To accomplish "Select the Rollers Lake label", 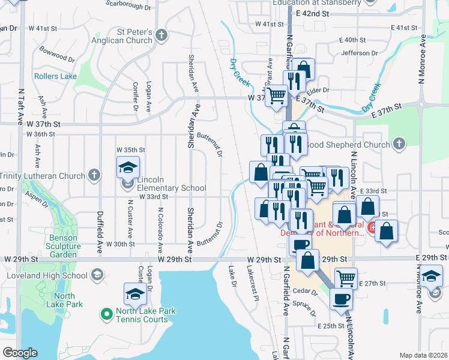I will (55, 76).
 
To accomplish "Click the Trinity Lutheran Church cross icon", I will (93, 175).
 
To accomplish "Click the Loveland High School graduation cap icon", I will (95, 275).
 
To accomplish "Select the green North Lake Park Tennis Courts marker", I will (106, 313).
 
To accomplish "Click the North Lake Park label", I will (60, 300).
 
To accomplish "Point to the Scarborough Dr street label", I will (128, 5).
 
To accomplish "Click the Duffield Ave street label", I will (99, 228).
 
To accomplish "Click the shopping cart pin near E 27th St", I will (345, 277).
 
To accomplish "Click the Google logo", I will (20, 352).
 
